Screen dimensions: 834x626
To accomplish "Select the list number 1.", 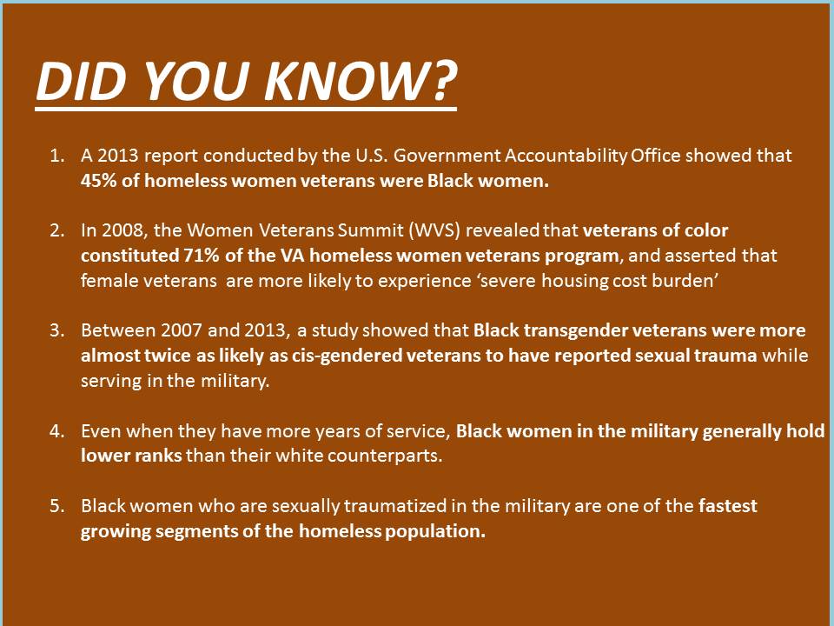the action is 57,156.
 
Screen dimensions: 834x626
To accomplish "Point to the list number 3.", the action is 57,330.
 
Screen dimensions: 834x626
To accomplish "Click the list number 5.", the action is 57,505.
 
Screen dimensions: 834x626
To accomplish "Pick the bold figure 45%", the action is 99,181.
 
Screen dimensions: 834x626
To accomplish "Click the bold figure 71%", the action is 202,256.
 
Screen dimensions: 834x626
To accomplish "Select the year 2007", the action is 182,330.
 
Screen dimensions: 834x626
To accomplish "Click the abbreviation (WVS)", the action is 434,230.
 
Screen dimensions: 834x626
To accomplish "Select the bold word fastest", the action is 728,505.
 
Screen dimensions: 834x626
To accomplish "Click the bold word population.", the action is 435,531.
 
